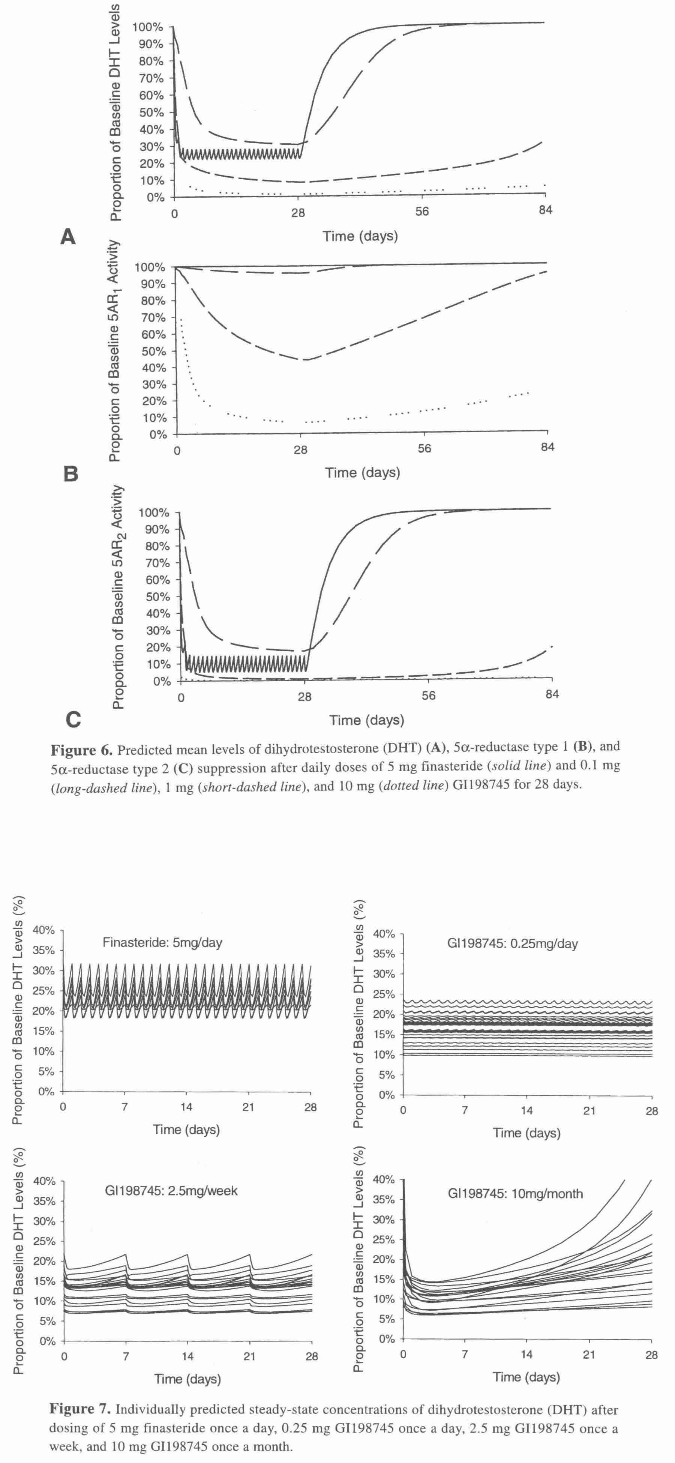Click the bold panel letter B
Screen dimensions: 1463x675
pyautogui.click(x=70, y=474)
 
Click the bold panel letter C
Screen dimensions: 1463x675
pyautogui.click(x=73, y=720)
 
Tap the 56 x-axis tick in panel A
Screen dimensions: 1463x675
pyautogui.click(x=422, y=211)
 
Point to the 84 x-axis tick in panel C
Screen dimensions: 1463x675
pyautogui.click(x=551, y=695)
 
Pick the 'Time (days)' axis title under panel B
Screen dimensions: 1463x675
pyautogui.click(x=362, y=473)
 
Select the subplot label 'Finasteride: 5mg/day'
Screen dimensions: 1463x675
pyautogui.click(x=162, y=943)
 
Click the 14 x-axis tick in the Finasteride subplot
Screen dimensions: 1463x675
pyautogui.click(x=186, y=1107)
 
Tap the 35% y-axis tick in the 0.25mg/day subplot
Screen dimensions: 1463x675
pyautogui.click(x=384, y=954)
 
